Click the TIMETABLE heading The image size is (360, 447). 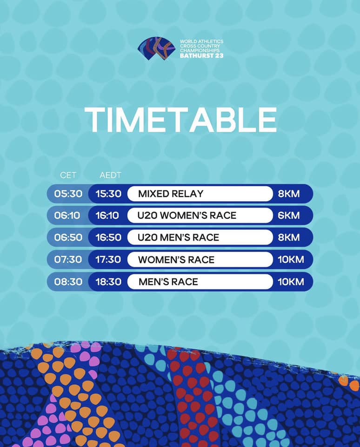pos(180,119)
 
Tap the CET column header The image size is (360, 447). pos(68,176)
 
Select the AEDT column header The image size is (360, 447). pos(110,176)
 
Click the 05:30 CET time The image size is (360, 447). pos(68,194)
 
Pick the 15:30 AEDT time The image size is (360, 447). pos(108,194)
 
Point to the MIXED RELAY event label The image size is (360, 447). pos(171,194)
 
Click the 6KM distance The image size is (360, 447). pos(289,216)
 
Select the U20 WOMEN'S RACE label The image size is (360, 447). pos(187,216)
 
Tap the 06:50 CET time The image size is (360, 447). pos(68,237)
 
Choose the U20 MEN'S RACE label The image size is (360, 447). pos(178,237)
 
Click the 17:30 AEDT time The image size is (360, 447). pos(108,259)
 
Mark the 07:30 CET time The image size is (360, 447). pos(68,259)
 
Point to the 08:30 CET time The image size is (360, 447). pos(68,281)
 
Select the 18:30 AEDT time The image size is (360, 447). pos(108,281)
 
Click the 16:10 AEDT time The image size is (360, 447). pos(108,216)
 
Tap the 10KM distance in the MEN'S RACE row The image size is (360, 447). pos(291,281)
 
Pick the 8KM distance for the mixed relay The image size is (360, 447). pos(289,194)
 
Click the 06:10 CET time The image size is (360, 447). pos(68,216)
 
